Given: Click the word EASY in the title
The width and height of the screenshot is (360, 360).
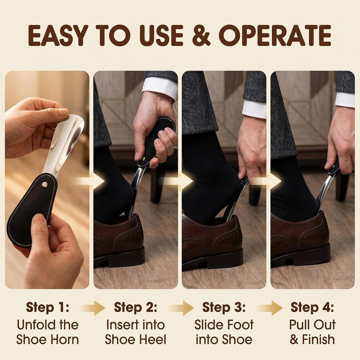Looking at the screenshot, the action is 58,36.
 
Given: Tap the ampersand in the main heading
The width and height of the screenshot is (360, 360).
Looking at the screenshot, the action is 201,36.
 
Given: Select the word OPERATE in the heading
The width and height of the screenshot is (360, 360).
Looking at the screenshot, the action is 275,36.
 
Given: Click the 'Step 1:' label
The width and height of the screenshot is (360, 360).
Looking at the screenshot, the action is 47,307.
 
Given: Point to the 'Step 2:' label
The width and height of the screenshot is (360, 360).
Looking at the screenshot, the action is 135,307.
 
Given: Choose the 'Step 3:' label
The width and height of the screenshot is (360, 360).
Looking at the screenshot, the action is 224,307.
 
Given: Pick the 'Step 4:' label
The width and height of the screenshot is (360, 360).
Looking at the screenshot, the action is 312,307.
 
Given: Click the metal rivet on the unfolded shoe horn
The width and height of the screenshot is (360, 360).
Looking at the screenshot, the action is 45,184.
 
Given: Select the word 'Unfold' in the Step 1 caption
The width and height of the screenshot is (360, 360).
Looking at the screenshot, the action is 36,325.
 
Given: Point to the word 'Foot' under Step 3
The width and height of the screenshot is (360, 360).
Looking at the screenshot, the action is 240,325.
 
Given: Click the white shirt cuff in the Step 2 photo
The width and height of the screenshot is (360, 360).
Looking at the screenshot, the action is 160,88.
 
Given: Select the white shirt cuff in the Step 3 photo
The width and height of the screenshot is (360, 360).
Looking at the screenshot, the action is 254,109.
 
